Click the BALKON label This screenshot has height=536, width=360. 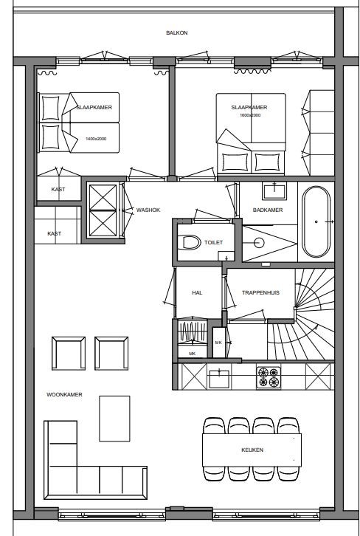click(176, 33)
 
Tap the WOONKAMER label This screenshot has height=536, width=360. click(63, 395)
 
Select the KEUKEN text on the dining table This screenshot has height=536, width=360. click(252, 449)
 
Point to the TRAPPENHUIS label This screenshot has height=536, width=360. click(260, 293)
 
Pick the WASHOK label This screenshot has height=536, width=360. click(148, 210)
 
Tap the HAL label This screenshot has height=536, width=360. click(197, 293)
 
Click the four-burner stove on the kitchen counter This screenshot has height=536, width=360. click(268, 377)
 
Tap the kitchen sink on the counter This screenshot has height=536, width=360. click(219, 378)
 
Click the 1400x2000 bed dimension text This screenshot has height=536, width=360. click(96, 139)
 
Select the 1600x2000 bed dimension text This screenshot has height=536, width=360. click(250, 115)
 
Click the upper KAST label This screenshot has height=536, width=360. click(58, 190)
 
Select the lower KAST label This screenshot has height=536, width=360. click(54, 233)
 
